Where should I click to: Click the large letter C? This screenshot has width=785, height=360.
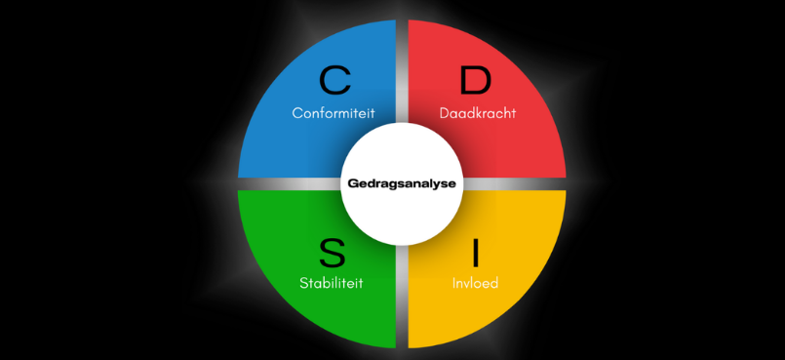click(334, 80)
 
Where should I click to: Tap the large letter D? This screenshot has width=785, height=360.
click(476, 80)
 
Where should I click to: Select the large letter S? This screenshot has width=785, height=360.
click(333, 254)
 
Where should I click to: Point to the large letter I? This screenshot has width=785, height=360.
click(476, 254)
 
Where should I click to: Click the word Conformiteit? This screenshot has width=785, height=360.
click(334, 113)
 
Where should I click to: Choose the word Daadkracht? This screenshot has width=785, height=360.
click(477, 113)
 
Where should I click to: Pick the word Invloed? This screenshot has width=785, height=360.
click(476, 284)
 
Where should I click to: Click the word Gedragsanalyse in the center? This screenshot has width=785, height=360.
click(402, 182)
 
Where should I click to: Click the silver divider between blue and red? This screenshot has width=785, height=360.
click(402, 68)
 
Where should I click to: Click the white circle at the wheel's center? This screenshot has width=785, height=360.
click(402, 210)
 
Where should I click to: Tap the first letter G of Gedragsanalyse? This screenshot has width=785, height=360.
click(353, 182)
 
